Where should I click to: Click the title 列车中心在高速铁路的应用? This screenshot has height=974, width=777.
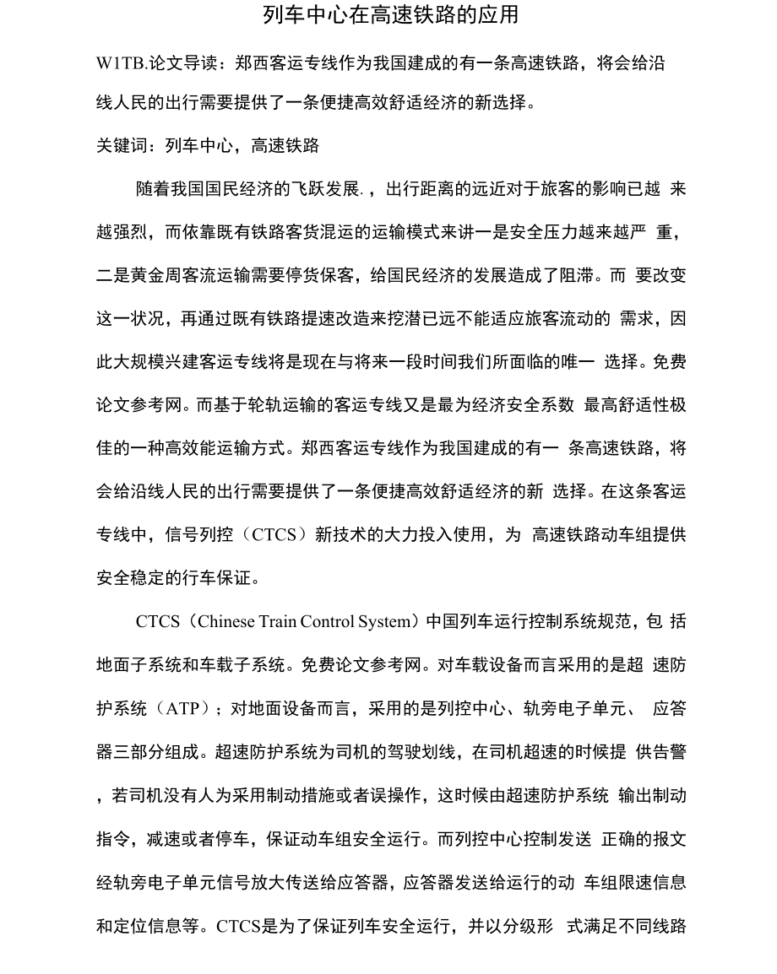click(x=390, y=15)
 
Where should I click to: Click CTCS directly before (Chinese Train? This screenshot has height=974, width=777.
click(x=158, y=622)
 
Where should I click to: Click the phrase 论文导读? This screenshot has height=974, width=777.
click(x=171, y=64)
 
